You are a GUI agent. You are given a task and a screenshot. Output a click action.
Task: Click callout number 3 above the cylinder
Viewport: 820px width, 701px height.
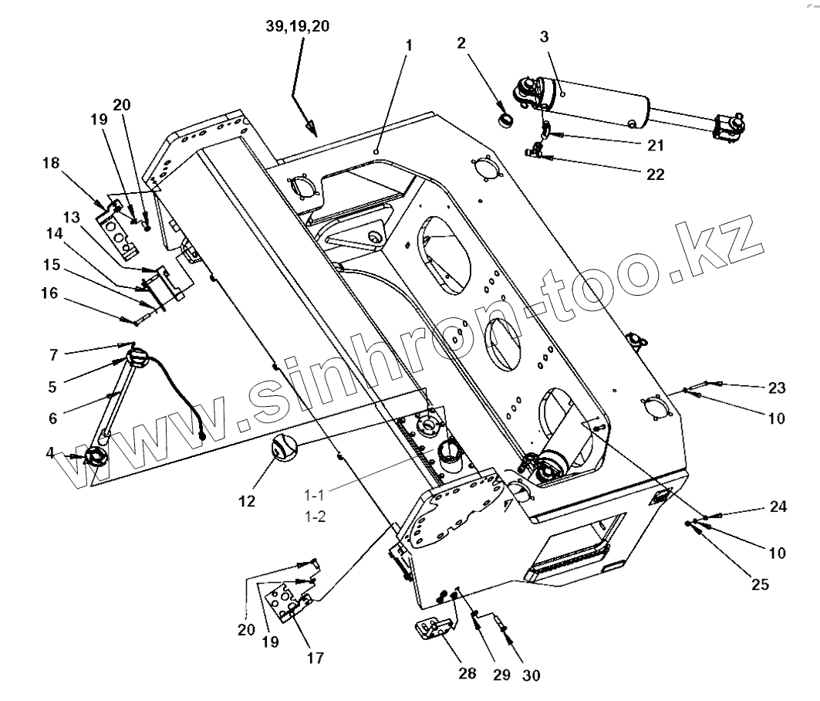tap(544, 36)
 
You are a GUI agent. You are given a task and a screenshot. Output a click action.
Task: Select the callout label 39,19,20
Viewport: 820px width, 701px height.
tap(297, 25)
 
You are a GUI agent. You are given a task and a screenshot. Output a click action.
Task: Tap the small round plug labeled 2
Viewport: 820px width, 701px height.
tap(507, 120)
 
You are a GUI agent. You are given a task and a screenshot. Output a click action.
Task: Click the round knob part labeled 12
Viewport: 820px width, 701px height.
tap(282, 446)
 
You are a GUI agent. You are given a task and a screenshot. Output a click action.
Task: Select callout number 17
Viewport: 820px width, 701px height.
tap(315, 658)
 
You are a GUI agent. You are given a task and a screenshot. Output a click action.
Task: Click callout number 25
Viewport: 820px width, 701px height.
tap(760, 584)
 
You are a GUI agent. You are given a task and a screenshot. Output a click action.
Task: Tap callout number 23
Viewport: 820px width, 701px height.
tap(776, 388)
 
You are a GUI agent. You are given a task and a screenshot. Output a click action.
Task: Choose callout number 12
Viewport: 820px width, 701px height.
tap(246, 501)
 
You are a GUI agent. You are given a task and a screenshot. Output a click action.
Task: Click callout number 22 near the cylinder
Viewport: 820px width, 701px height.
tap(655, 175)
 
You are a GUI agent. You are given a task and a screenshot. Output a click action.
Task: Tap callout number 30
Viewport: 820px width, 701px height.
tap(531, 675)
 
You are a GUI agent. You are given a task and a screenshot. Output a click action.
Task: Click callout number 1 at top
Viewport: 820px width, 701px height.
tap(409, 46)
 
